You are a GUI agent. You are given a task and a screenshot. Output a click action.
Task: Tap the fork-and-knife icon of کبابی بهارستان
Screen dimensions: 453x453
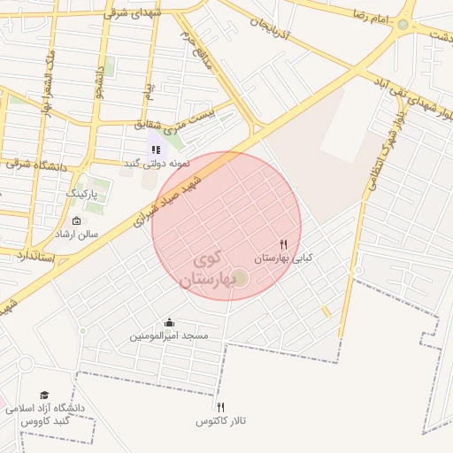284,244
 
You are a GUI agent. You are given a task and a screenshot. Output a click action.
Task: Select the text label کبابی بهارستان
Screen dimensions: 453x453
284,258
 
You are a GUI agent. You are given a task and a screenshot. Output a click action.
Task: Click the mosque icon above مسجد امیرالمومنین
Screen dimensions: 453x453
169,323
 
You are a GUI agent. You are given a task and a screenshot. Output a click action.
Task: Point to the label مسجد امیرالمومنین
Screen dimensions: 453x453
169,336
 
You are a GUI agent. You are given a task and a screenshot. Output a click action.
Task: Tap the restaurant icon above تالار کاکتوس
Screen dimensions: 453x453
220,406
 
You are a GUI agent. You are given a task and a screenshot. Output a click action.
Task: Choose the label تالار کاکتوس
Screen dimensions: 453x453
220,420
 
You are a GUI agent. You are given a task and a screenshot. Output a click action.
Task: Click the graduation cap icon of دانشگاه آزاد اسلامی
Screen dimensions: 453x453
44,395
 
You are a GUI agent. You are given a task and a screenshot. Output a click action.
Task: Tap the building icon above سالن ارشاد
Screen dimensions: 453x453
76,220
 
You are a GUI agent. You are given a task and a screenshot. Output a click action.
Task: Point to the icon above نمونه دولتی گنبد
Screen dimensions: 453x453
155,150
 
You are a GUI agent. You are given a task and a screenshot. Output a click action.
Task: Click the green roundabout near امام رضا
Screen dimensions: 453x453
403,24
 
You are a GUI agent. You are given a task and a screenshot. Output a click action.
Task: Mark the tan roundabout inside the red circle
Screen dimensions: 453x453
240,279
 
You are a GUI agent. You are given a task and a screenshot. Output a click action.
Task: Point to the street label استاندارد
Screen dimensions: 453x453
35,257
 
